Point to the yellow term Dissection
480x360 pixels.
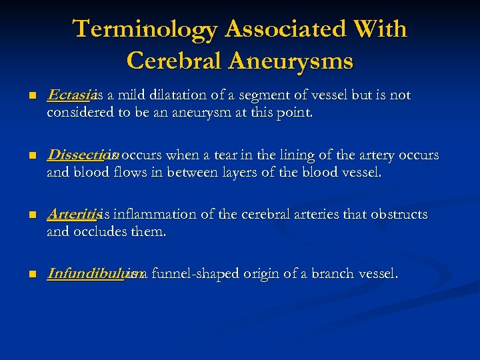pos(81,155)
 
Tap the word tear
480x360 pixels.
pos(219,155)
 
